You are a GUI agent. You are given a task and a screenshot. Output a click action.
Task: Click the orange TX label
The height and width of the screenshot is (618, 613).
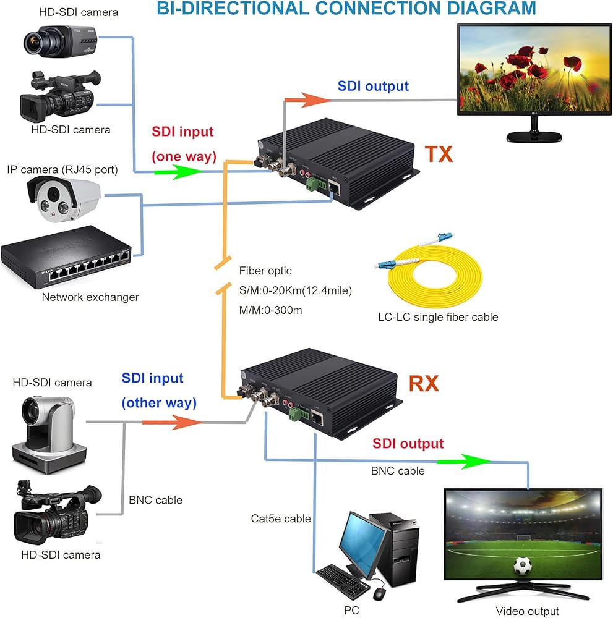click(439, 154)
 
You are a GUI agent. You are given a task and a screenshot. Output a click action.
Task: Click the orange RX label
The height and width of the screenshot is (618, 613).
click(424, 384)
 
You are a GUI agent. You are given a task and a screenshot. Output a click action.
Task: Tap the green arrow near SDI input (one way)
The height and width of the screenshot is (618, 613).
click(178, 171)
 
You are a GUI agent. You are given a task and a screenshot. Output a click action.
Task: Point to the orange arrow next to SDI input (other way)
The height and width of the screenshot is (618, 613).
click(172, 422)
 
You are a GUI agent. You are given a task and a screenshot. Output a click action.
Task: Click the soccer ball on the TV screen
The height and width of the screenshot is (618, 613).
click(523, 565)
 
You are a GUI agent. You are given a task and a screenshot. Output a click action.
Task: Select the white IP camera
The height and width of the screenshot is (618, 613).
click(63, 198)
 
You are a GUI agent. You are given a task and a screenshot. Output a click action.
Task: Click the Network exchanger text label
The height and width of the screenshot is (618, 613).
click(90, 297)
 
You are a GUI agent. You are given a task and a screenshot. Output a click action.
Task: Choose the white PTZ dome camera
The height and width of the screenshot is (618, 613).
click(49, 434)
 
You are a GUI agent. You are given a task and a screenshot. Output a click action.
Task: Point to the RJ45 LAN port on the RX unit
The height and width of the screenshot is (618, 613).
click(317, 418)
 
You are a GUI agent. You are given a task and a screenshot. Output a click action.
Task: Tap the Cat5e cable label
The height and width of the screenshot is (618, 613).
click(281, 519)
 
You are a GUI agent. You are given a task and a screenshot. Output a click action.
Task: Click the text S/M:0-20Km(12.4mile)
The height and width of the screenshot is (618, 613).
click(296, 290)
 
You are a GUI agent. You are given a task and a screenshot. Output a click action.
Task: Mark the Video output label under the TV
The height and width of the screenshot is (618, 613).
click(527, 611)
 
